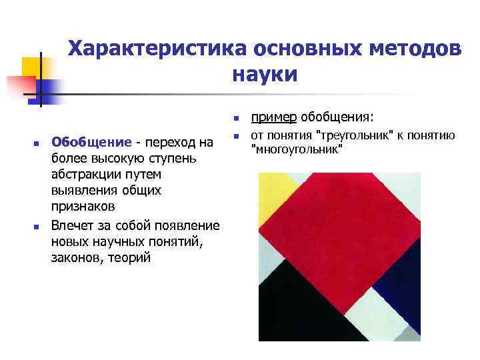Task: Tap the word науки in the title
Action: (265, 74)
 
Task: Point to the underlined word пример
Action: (273, 118)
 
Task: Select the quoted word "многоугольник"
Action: (297, 149)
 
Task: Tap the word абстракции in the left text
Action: (85, 174)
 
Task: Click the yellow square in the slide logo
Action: (31, 67)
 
